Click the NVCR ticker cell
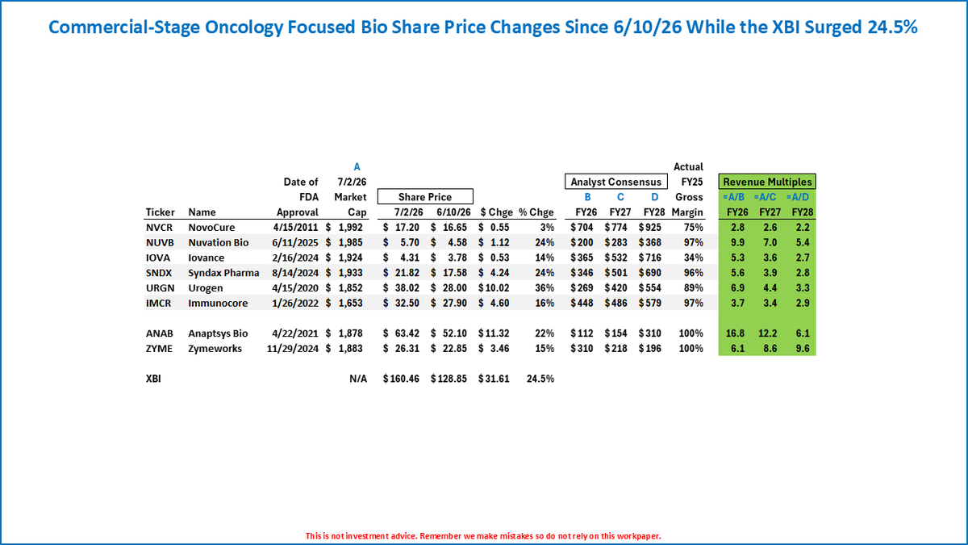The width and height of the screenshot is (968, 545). coord(159,228)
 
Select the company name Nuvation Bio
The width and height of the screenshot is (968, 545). coord(219,243)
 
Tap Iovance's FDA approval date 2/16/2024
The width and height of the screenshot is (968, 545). coord(295,258)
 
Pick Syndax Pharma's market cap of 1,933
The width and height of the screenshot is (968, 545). coord(350,273)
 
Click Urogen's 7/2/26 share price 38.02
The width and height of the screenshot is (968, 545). coord(407,288)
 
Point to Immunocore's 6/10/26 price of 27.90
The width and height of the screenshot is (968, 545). coord(455,304)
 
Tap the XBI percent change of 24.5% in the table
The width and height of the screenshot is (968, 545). coord(540,379)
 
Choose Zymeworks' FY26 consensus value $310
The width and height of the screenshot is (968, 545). coord(582,349)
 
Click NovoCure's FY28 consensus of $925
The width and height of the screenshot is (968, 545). coord(650,228)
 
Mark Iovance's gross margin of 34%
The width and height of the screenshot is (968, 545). coord(693,258)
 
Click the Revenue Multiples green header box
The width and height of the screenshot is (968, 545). coord(767,182)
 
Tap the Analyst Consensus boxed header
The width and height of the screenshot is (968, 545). coord(615,182)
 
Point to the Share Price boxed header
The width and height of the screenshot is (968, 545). coord(425,197)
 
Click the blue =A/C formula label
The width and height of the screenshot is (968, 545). coord(765,197)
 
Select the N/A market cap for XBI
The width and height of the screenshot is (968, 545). coord(358,379)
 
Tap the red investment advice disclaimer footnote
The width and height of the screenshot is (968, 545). coord(483,536)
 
